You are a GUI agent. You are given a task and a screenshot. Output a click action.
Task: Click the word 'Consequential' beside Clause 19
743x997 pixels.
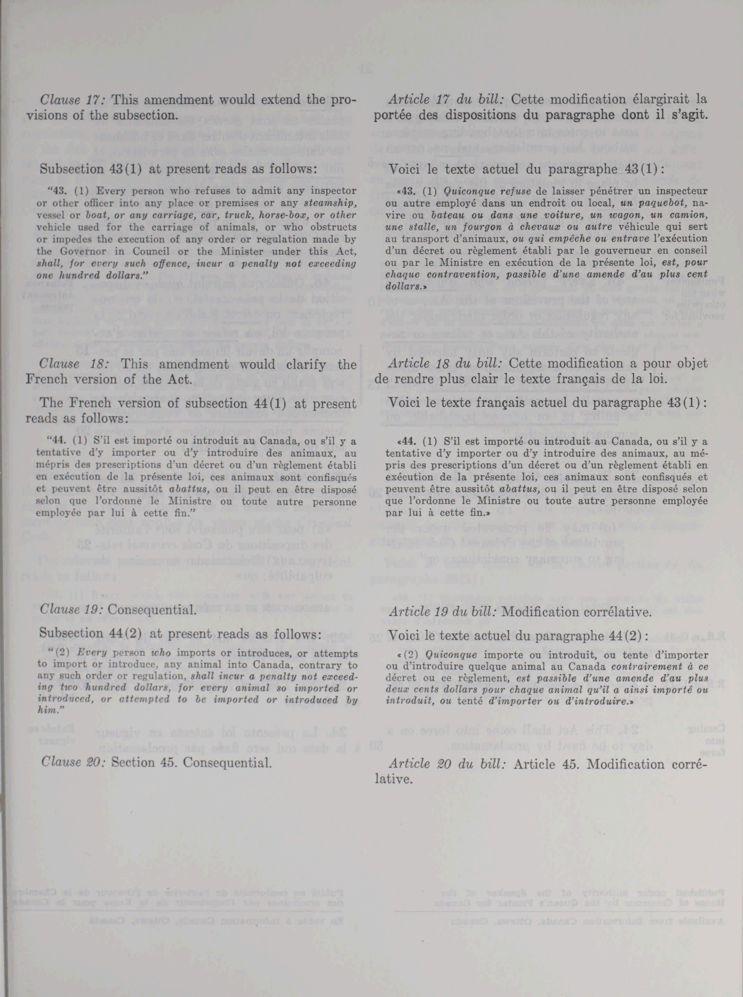pos(152,610)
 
